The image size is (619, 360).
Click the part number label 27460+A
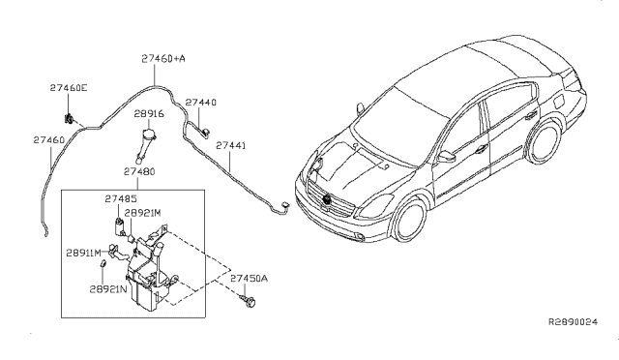163,59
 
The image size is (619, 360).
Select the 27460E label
69,88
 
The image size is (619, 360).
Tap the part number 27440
201,103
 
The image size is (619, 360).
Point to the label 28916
149,114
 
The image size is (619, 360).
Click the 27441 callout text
231,145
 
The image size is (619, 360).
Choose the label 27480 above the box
139,171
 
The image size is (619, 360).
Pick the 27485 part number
121,198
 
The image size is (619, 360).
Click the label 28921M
143,213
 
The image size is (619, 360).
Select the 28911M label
84,253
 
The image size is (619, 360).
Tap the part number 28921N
108,288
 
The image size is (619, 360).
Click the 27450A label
250,278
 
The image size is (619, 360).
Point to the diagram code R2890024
574,322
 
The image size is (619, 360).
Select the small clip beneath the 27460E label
69,118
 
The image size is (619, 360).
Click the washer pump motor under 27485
119,226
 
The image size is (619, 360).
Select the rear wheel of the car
545,141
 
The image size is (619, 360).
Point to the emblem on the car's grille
327,199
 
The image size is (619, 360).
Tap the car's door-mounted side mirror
446,157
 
